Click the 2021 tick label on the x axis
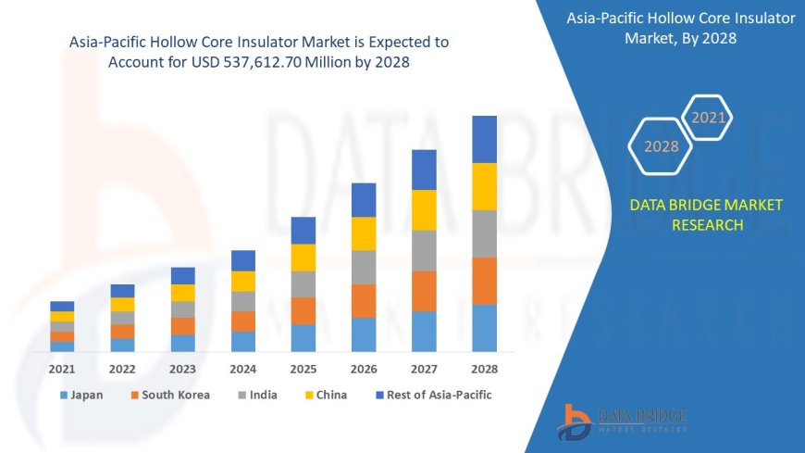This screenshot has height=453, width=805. tap(62, 369)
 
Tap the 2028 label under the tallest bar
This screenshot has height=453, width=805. tap(484, 369)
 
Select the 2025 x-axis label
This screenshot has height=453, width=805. tap(303, 369)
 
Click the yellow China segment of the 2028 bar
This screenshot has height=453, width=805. tap(484, 186)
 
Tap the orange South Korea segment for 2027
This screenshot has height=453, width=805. tap(424, 291)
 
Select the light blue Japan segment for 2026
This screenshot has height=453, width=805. tap(364, 334)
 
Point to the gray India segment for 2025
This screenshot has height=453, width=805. tap(303, 283)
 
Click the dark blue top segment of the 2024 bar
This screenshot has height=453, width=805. tap(243, 260)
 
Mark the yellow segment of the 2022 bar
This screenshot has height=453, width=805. tap(122, 304)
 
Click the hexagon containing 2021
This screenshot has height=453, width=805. tap(709, 118)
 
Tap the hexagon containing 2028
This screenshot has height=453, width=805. tap(661, 146)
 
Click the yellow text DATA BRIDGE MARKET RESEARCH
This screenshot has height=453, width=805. tap(705, 215)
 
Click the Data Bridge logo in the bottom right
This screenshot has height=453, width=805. tap(622, 422)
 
